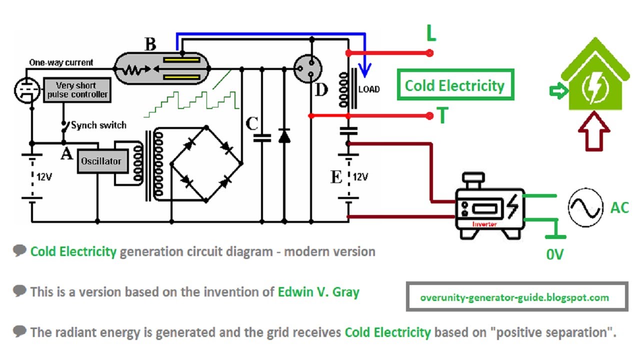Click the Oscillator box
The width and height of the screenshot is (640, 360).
[x=101, y=161]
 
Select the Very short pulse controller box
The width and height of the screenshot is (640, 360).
[x=76, y=90]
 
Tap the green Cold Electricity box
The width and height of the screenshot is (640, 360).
[x=454, y=85]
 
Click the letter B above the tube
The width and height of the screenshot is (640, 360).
[x=150, y=44]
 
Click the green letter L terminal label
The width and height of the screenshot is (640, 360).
[x=431, y=34]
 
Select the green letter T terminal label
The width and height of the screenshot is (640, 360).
[x=442, y=116]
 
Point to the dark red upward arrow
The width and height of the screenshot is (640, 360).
[x=594, y=131]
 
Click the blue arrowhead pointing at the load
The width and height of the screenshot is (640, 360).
[x=367, y=72]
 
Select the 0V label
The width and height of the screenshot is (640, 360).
[x=555, y=254]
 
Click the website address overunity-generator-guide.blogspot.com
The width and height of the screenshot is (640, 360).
[x=515, y=297]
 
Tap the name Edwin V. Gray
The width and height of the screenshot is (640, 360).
[x=318, y=291]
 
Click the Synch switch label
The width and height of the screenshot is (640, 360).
[x=98, y=125]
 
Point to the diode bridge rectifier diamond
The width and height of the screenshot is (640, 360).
[x=206, y=163]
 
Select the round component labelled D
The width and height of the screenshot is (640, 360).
[x=306, y=68]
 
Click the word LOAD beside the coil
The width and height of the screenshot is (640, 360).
[x=369, y=89]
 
